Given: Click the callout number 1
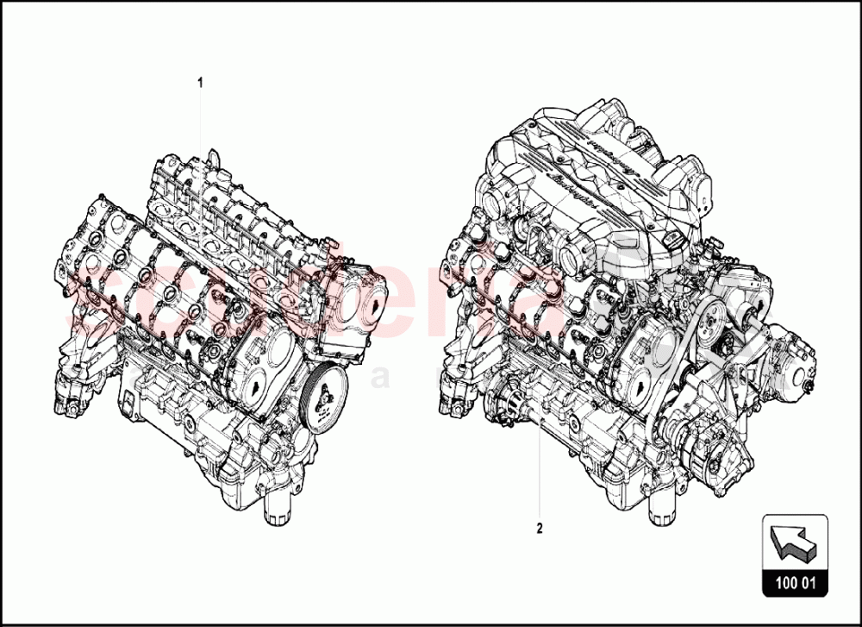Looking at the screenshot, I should click(x=201, y=84).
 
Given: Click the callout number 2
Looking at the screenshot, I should click(x=540, y=529).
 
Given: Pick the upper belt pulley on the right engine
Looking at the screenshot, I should click(x=715, y=327).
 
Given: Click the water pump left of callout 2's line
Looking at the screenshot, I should click(x=503, y=405).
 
